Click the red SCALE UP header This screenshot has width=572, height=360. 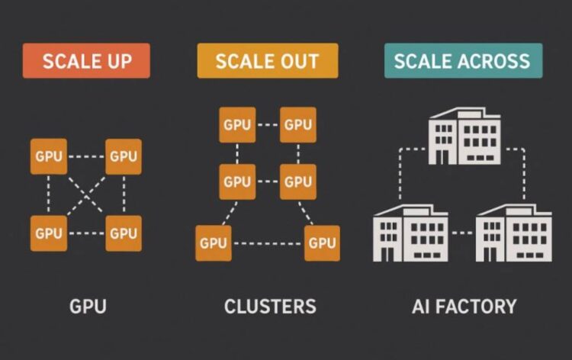86,61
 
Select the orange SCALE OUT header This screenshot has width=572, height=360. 267,61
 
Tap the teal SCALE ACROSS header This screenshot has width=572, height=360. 463,61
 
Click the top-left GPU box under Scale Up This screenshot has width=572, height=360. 48,156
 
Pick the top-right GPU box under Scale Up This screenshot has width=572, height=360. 123,156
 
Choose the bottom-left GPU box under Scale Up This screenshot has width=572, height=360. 48,233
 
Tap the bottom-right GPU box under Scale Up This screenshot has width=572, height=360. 123,233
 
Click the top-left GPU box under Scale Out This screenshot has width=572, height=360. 237,125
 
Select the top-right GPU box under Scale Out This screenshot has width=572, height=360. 297,125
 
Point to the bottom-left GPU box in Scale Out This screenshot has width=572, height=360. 214,243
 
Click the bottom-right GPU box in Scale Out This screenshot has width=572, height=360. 322,243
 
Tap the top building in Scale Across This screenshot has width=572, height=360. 464,137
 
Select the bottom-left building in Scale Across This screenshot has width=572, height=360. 410,233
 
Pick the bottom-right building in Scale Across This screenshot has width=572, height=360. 513,233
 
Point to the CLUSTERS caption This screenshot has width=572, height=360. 270,307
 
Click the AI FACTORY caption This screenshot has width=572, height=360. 464,307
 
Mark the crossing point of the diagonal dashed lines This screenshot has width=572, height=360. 85,194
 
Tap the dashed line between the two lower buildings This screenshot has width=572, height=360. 461,233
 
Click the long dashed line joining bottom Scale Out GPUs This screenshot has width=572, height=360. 268,243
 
